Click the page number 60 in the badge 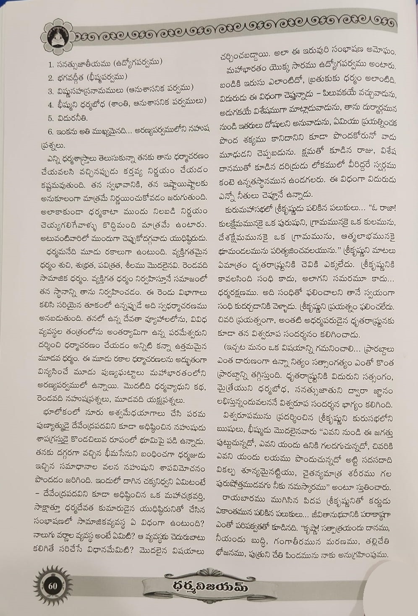pos(52,585)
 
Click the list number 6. pos(50,132)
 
